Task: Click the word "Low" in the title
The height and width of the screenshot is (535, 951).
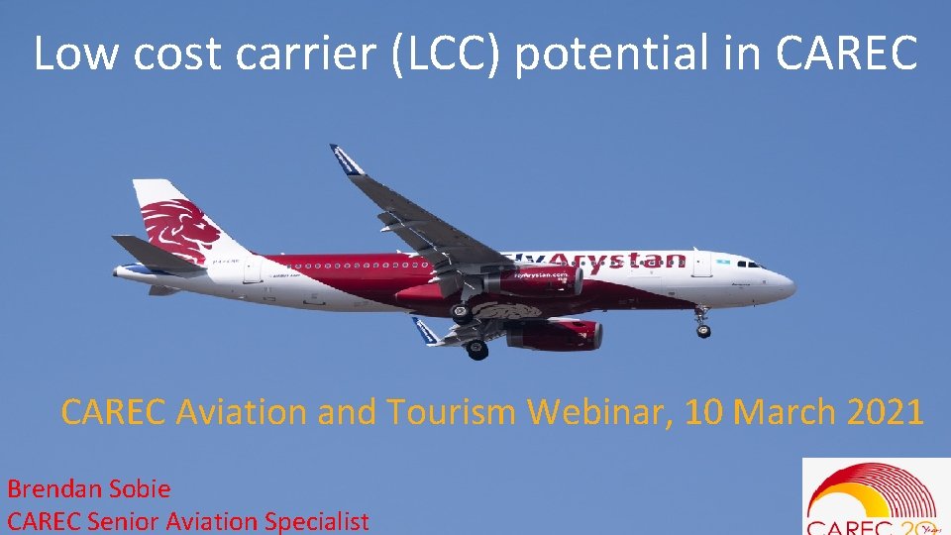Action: click(x=77, y=54)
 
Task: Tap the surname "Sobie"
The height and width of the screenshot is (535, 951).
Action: click(x=137, y=488)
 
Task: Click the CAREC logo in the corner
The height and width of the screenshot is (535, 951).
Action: click(x=872, y=497)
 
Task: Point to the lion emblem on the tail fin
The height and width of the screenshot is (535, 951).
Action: click(x=180, y=227)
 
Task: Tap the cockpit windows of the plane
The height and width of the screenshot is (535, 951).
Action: click(x=750, y=265)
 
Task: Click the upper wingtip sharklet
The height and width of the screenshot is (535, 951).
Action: click(x=346, y=159)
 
